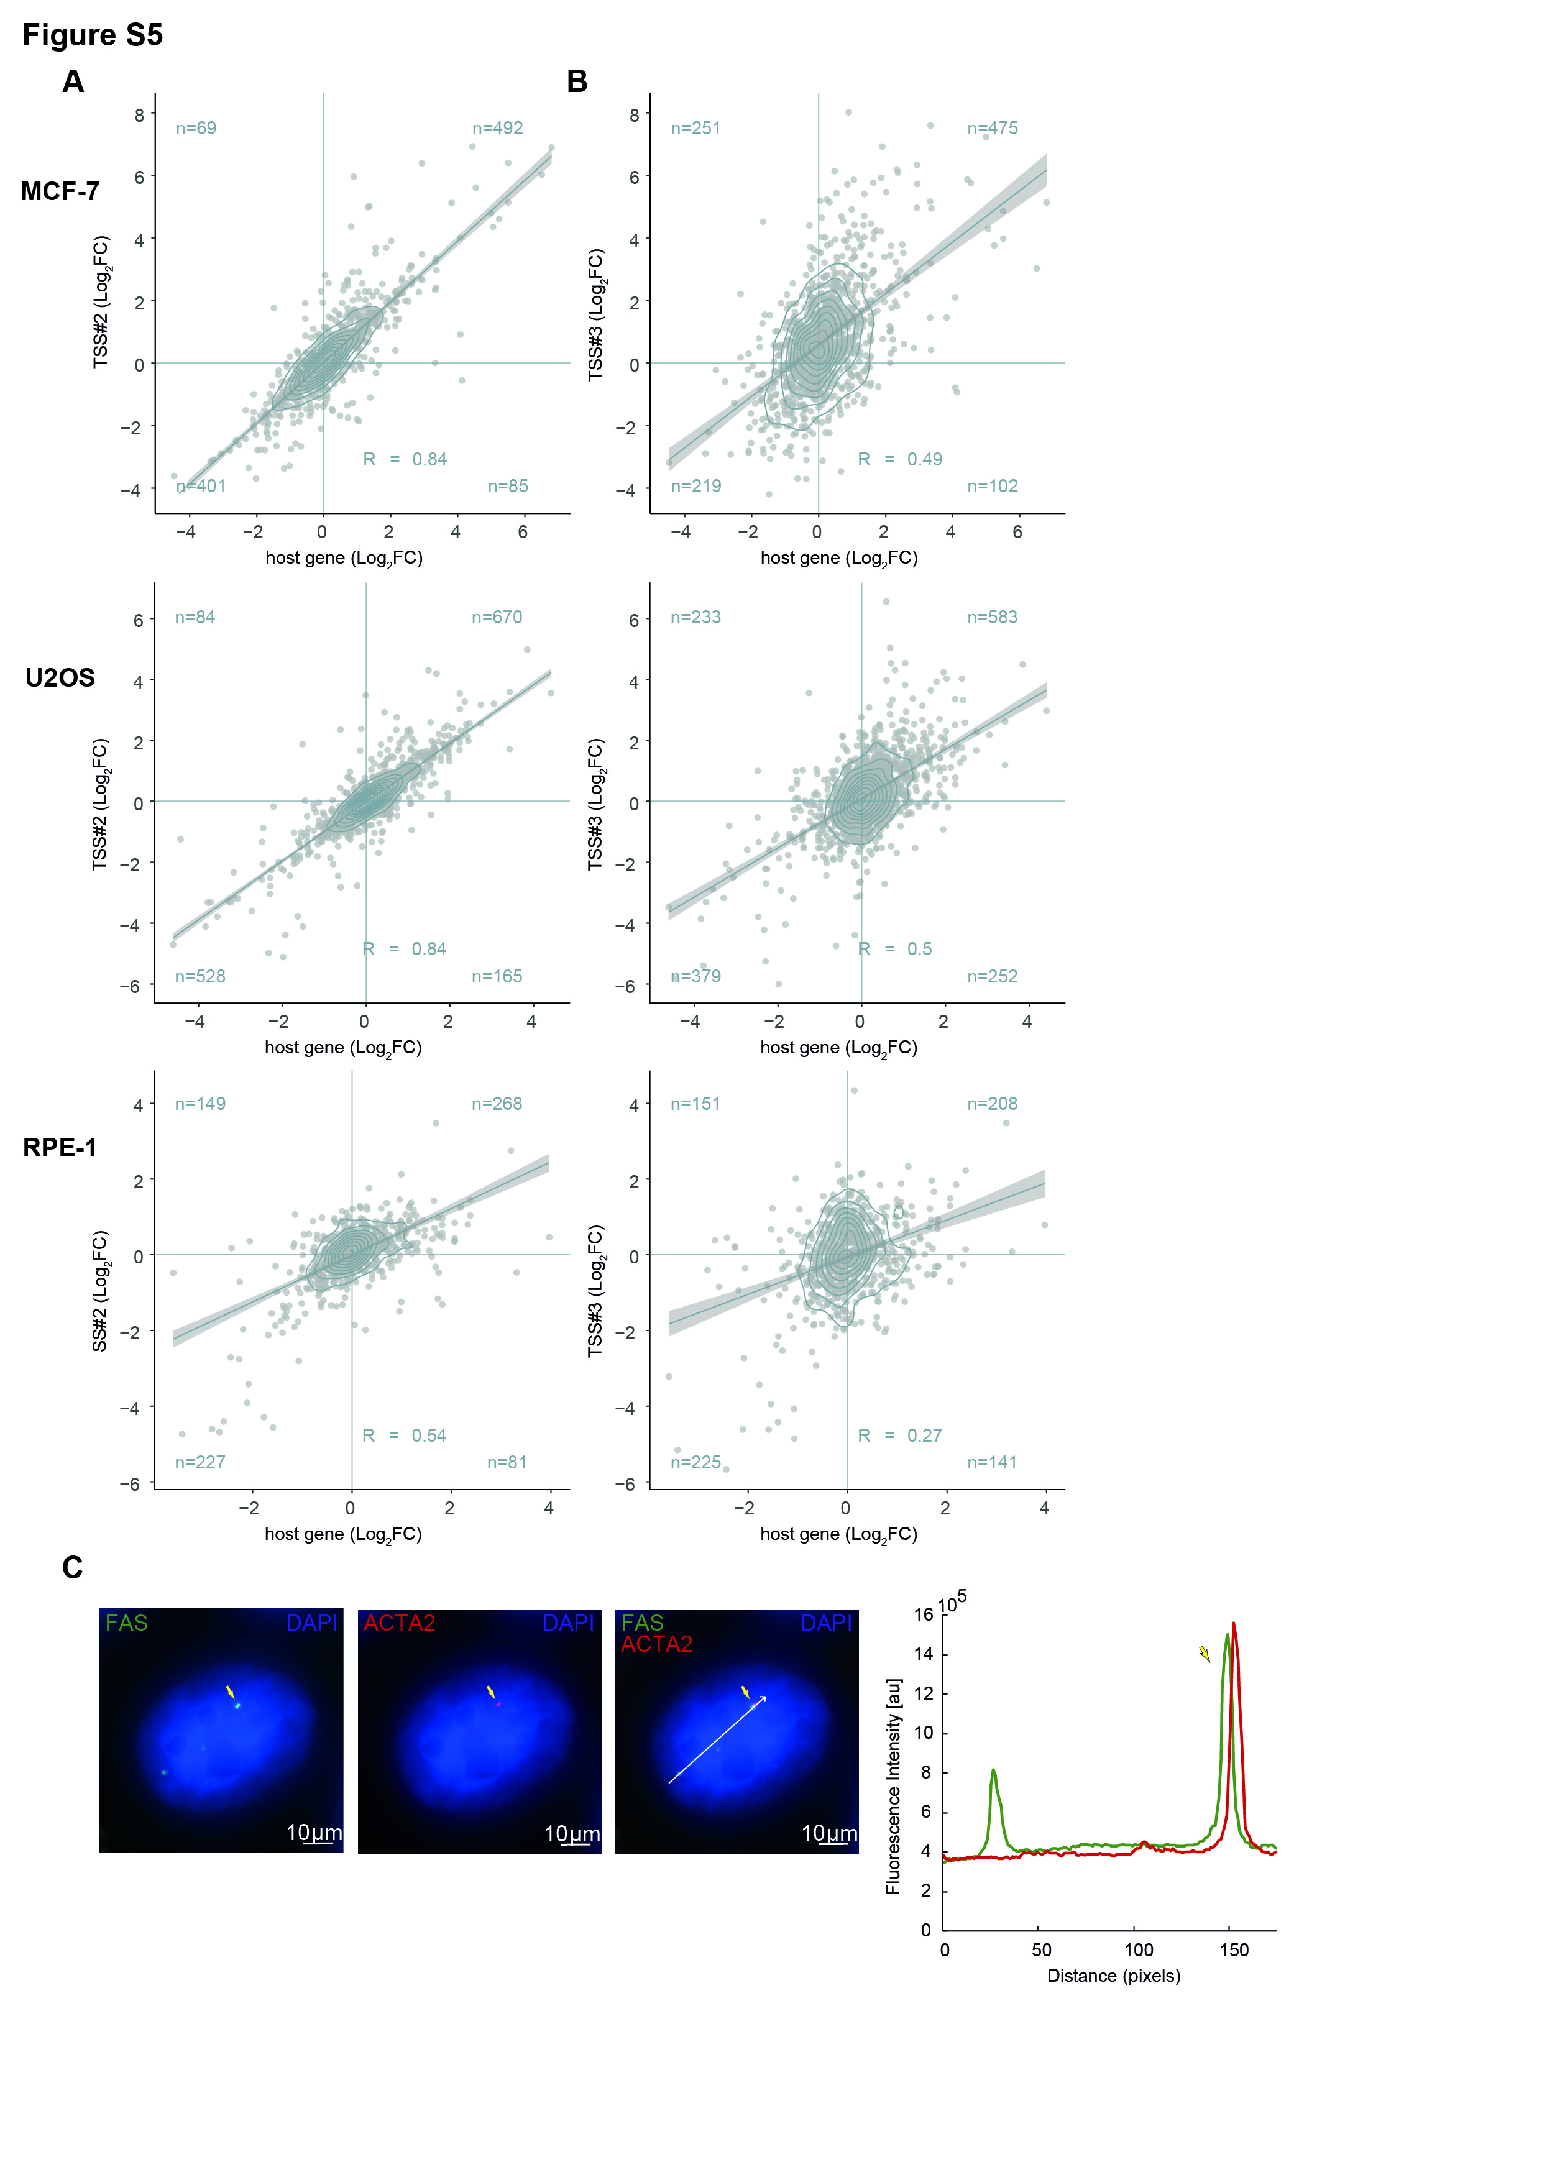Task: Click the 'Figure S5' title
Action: tap(92, 35)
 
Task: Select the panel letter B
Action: tap(576, 81)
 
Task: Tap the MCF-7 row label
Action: tap(60, 192)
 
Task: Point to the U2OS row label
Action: tap(60, 678)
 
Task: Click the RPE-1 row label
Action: tap(60, 1148)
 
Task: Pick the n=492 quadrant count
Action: tap(498, 128)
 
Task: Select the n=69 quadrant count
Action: tap(196, 128)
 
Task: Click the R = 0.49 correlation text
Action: tap(899, 459)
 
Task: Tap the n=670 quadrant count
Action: tap(497, 617)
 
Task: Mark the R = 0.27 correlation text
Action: tap(899, 1436)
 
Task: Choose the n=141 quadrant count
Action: tap(991, 1462)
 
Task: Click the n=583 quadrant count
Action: tap(992, 617)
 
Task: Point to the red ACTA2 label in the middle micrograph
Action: tap(399, 1623)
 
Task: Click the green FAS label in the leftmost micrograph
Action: tap(126, 1623)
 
